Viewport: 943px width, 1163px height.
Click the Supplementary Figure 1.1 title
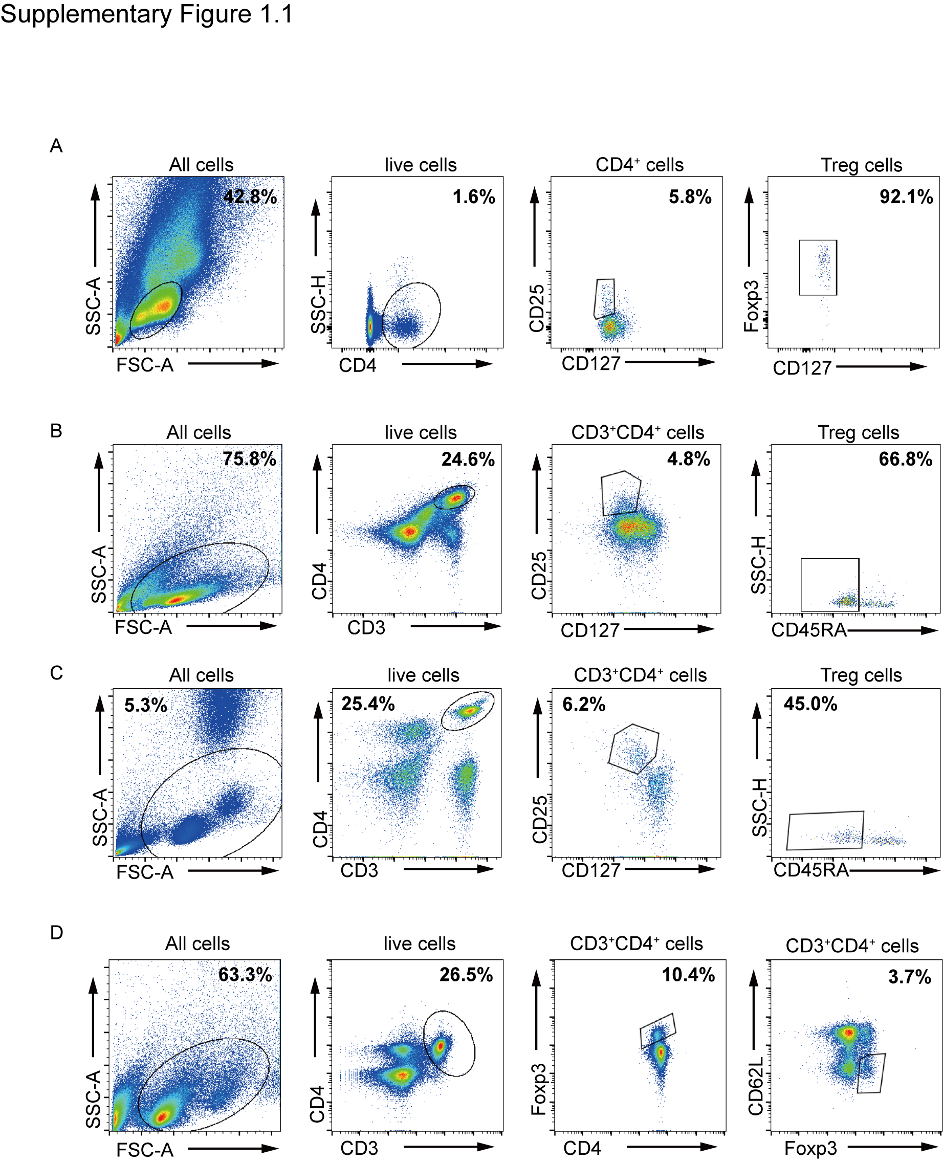tap(146, 14)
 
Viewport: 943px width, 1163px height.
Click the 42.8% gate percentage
tap(250, 196)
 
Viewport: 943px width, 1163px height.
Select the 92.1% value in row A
tap(906, 196)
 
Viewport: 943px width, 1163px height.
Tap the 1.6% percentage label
tap(474, 196)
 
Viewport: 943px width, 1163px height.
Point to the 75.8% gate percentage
tap(249, 459)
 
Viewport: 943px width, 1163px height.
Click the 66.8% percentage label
tap(906, 459)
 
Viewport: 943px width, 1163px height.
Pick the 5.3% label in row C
tap(146, 705)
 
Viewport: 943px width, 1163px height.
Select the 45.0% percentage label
tap(810, 704)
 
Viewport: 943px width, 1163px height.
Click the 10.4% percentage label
tap(688, 975)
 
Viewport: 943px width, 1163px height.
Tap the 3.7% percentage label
tap(909, 977)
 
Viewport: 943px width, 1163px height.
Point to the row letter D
tap(56, 933)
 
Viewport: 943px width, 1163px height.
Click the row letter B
tap(56, 431)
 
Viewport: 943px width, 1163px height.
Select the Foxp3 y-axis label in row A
tap(751, 306)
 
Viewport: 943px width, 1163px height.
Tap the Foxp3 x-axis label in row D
tap(811, 1149)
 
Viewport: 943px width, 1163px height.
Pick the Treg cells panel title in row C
tap(861, 675)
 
